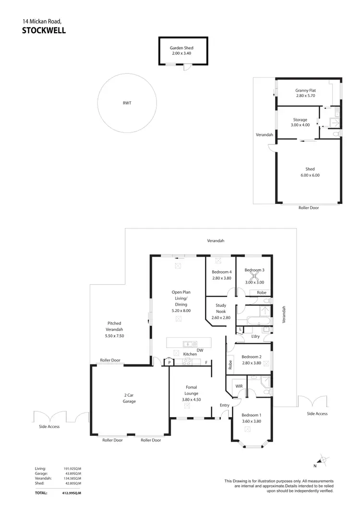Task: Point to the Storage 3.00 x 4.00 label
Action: point(300,122)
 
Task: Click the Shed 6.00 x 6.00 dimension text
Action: point(310,175)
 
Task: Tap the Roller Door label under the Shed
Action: point(308,208)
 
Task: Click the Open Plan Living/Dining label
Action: point(181,301)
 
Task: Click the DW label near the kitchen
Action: point(200,350)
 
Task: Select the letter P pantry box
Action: point(169,363)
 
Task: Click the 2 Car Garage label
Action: point(129,398)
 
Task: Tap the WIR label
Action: point(238,386)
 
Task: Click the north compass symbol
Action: point(323,460)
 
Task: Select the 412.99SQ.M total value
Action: point(72,493)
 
